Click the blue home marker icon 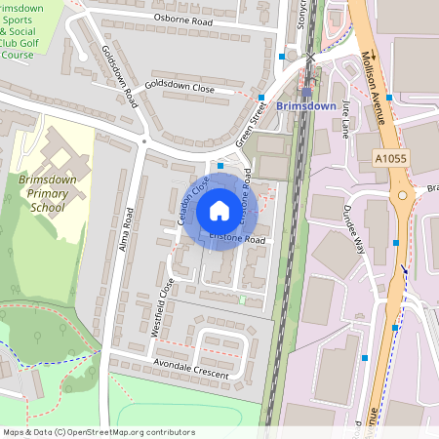coord(219,211)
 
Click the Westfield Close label coord(163,307)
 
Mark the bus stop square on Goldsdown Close coord(262,97)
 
